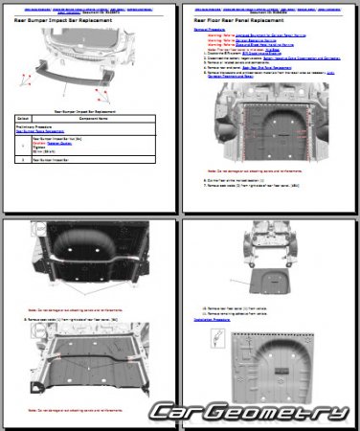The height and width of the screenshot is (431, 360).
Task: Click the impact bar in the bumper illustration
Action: (87, 72)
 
